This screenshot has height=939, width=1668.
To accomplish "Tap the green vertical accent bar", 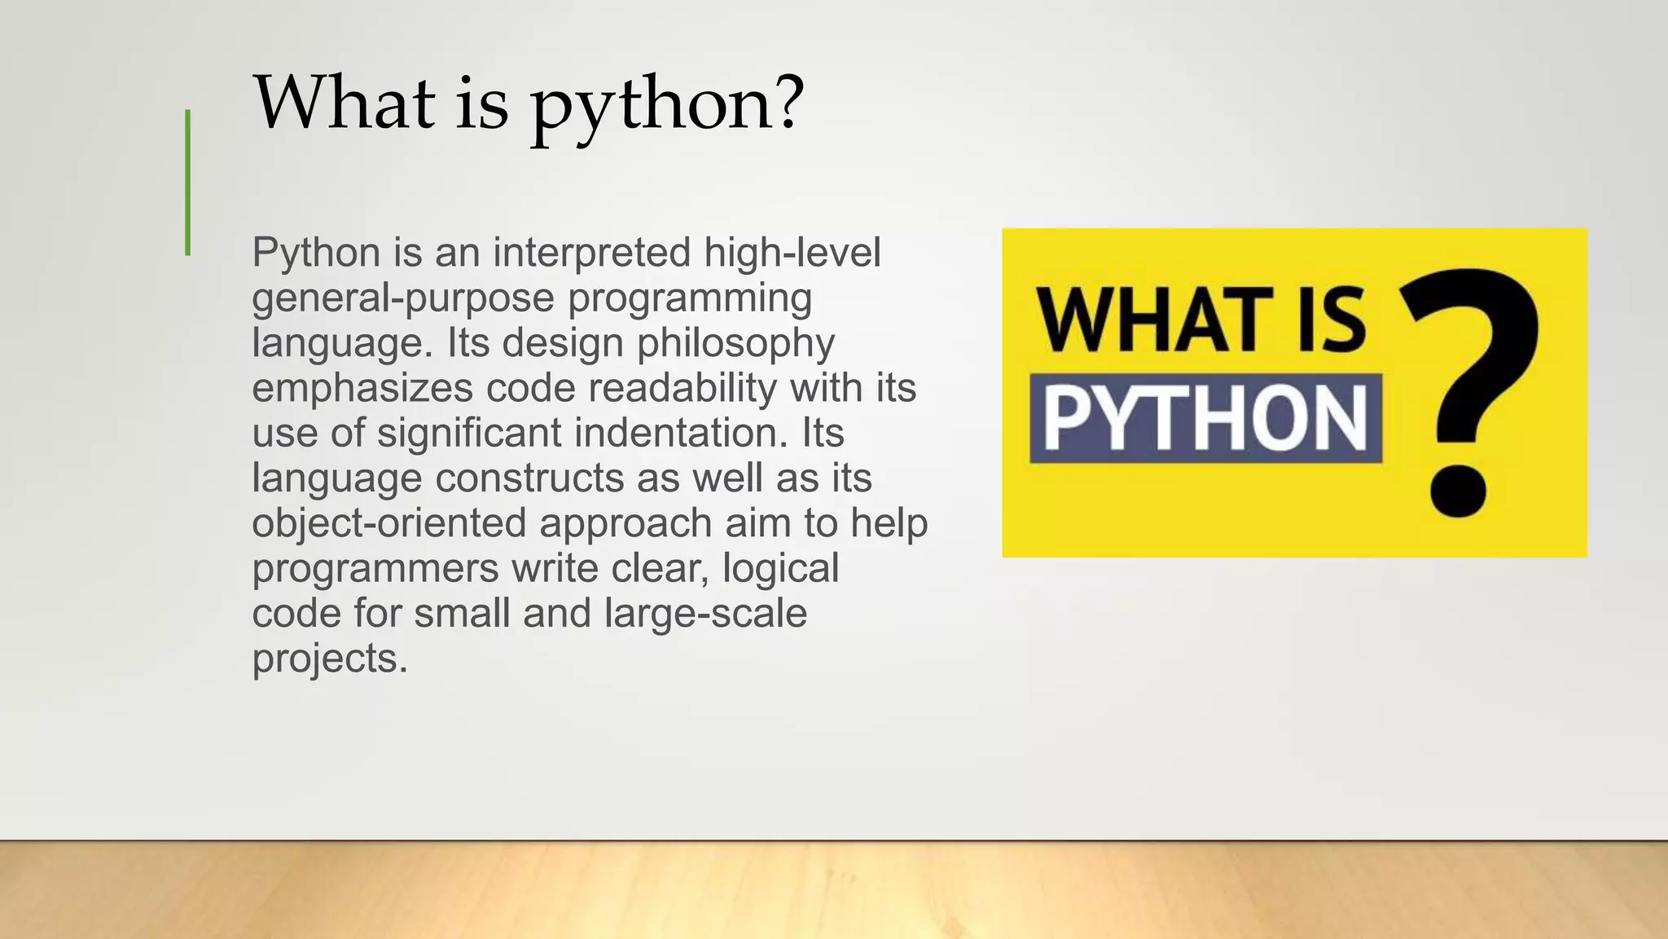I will [188, 183].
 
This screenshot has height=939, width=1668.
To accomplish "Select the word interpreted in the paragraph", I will [592, 252].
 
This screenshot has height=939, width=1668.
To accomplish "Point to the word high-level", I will [792, 252].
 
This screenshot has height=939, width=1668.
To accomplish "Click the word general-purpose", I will [403, 298].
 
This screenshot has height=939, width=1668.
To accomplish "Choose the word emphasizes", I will [362, 388].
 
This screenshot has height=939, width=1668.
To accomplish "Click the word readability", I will [683, 388].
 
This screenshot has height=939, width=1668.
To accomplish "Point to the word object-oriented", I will [389, 523].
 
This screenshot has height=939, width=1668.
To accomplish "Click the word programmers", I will [375, 569].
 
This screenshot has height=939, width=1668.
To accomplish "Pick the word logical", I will [780, 568].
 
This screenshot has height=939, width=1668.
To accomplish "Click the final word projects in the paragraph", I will [329, 659].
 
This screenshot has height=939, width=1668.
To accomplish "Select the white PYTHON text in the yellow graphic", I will [1205, 418].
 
